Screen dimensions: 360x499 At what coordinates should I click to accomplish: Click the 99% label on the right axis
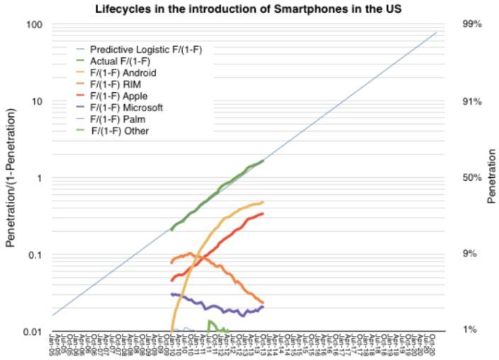[x=472, y=25]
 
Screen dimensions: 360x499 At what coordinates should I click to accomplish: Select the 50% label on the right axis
[x=472, y=177]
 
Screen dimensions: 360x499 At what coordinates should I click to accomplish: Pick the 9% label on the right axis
[x=470, y=254]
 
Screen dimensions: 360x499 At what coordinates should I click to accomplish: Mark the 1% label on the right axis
[x=470, y=330]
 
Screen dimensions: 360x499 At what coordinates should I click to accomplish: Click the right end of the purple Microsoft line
[x=263, y=307]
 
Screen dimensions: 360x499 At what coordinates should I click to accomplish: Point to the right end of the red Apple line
[x=263, y=213]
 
